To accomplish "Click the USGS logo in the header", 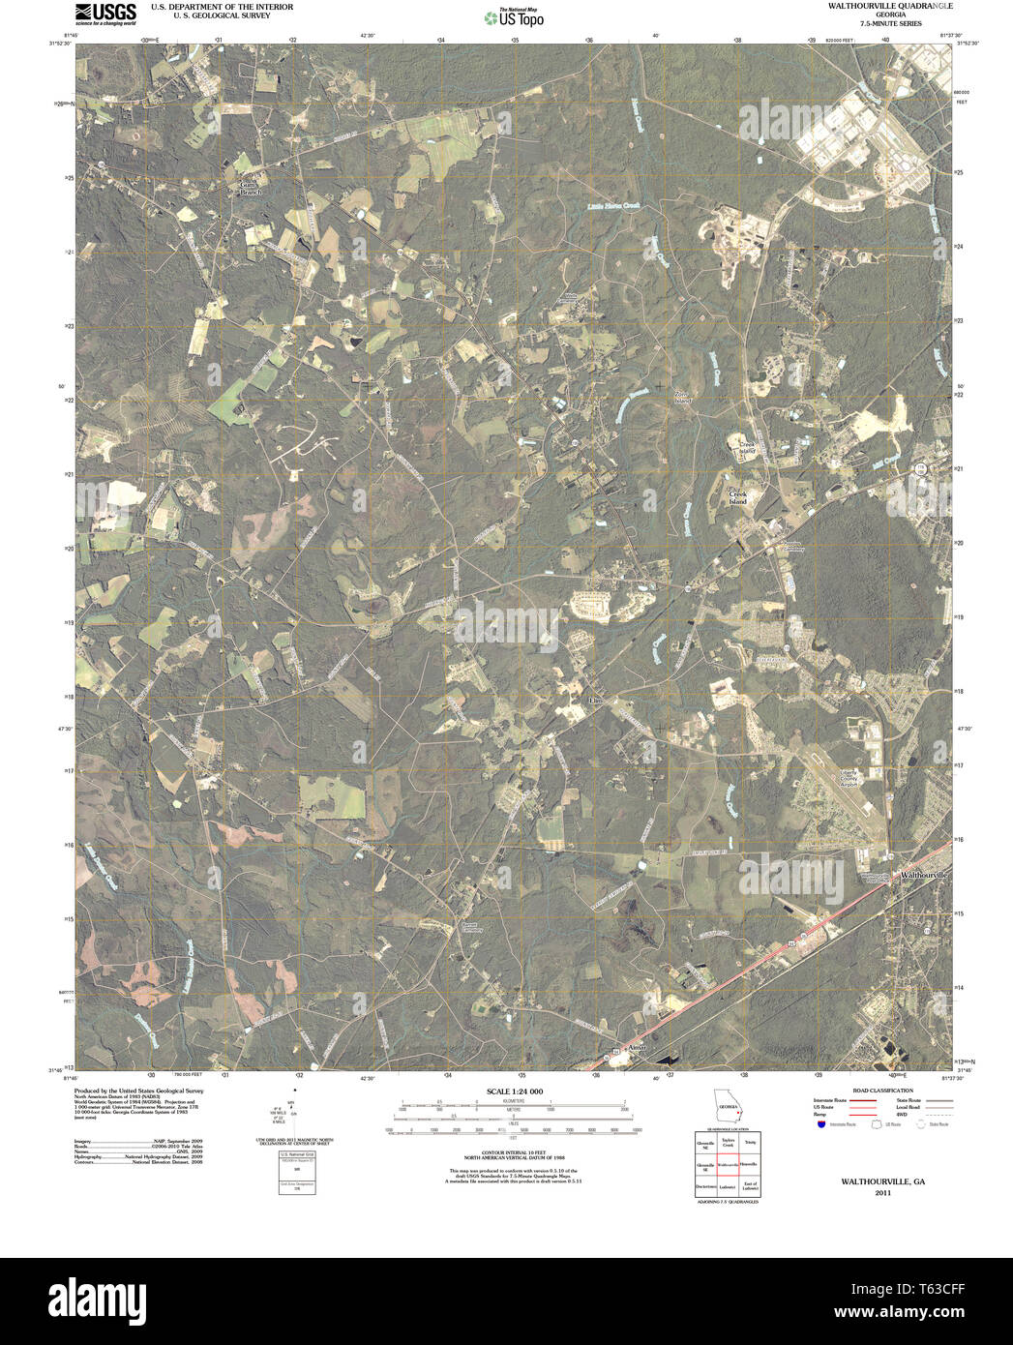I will (105, 13).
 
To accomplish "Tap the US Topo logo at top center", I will (514, 16).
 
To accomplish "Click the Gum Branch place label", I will (251, 188).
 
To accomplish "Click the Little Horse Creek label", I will (614, 206).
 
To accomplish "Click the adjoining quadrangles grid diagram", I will (727, 1164).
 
